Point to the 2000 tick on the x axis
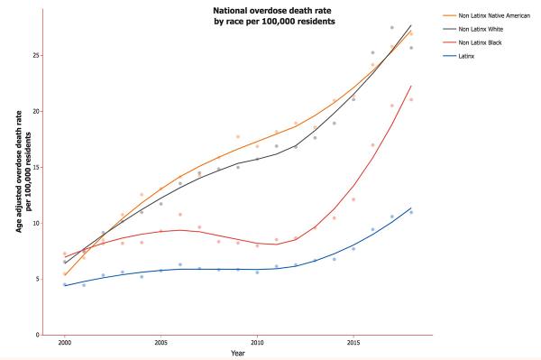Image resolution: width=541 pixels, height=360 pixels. pos(64,344)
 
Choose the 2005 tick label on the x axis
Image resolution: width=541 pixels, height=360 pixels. pos(160,344)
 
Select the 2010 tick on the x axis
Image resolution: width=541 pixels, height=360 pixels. pos(257,344)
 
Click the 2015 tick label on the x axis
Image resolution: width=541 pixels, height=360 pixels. pos(353,344)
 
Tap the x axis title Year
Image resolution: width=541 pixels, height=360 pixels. pos(238,355)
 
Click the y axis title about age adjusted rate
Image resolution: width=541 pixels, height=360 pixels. pos(17,171)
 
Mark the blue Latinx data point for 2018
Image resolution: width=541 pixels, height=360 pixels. pos(411,212)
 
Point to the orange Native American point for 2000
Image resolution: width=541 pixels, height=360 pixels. pos(64,274)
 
